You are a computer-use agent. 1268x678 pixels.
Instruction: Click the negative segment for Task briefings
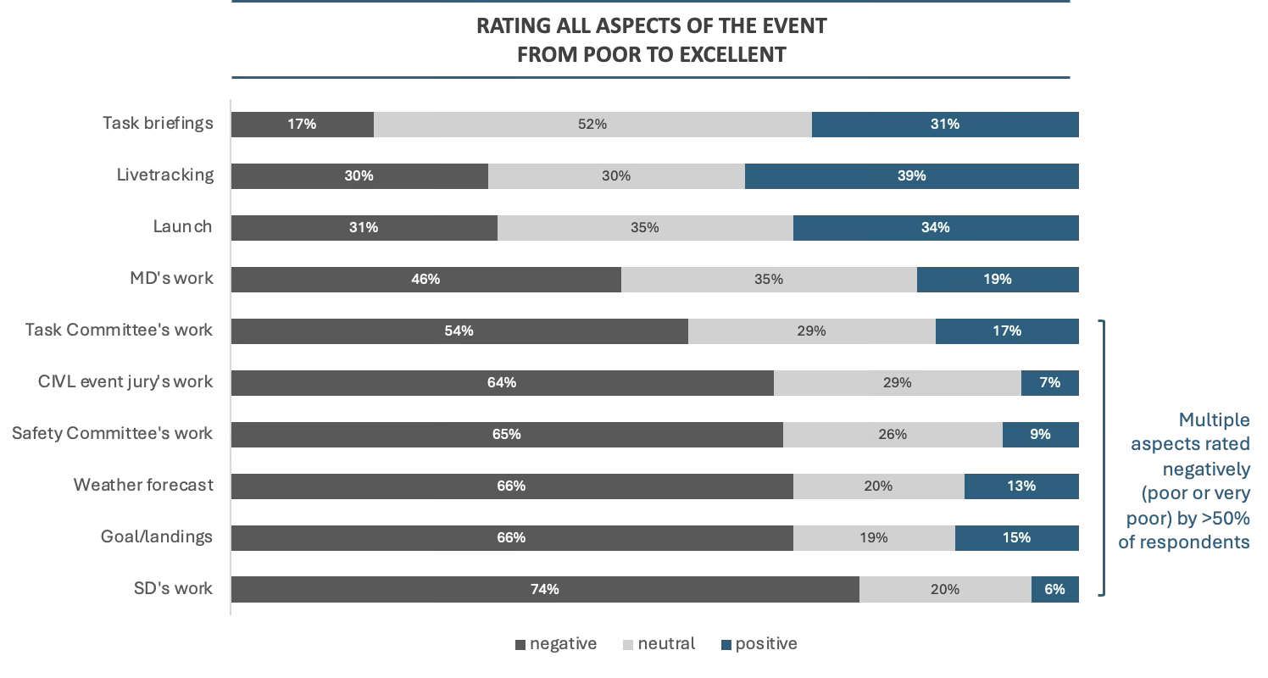coord(302,125)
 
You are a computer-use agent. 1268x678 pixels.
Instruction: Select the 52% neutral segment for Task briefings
coord(592,125)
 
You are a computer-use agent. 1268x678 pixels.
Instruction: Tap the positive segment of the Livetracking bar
coord(911,176)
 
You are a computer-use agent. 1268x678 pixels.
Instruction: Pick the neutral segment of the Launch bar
coord(645,228)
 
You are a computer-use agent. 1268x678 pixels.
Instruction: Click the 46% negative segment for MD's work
coord(425,280)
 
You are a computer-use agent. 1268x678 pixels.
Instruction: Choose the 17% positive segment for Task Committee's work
coord(1007,331)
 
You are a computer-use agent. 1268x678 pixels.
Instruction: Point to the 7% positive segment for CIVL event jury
coord(1049,383)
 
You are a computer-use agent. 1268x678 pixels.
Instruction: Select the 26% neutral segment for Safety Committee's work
coord(893,435)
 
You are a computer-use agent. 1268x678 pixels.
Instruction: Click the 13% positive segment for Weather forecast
coord(1021,486)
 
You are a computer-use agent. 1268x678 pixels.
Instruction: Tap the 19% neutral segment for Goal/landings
coord(874,538)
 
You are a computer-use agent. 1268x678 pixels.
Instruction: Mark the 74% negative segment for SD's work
coord(544,590)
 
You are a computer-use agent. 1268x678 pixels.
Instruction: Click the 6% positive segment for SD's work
coord(1054,590)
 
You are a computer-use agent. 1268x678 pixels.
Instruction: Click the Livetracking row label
coord(165,175)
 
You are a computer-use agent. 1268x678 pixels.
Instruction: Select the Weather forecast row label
coord(143,486)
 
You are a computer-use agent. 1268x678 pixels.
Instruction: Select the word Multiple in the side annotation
coord(1214,420)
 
